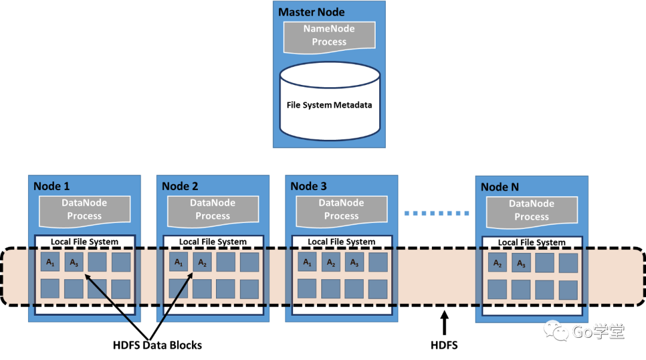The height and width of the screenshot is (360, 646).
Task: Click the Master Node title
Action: [312, 12]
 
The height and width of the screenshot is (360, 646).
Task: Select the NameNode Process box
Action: [329, 37]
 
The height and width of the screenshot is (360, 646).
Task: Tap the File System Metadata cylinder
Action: [330, 101]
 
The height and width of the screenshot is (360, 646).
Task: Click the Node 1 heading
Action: [51, 186]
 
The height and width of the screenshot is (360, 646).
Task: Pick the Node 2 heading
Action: [180, 186]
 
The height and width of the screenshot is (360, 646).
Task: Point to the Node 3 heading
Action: [309, 186]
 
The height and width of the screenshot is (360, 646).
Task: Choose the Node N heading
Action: [499, 187]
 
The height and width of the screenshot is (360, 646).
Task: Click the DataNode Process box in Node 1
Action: [84, 211]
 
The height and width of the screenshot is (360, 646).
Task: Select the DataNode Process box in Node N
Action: [532, 212]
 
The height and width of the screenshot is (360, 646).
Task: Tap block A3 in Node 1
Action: [74, 262]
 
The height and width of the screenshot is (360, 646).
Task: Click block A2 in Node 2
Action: [202, 262]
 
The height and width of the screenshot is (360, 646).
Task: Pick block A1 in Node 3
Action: [307, 262]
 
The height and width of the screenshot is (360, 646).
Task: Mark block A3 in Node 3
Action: [354, 262]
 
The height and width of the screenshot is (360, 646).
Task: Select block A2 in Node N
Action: [497, 263]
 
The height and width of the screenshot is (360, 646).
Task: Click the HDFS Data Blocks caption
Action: [157, 345]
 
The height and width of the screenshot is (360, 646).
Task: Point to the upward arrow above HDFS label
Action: [444, 323]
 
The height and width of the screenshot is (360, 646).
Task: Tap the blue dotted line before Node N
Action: [437, 213]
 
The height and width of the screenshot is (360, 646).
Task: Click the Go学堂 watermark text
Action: [598, 331]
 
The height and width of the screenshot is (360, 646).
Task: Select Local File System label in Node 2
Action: [213, 242]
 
